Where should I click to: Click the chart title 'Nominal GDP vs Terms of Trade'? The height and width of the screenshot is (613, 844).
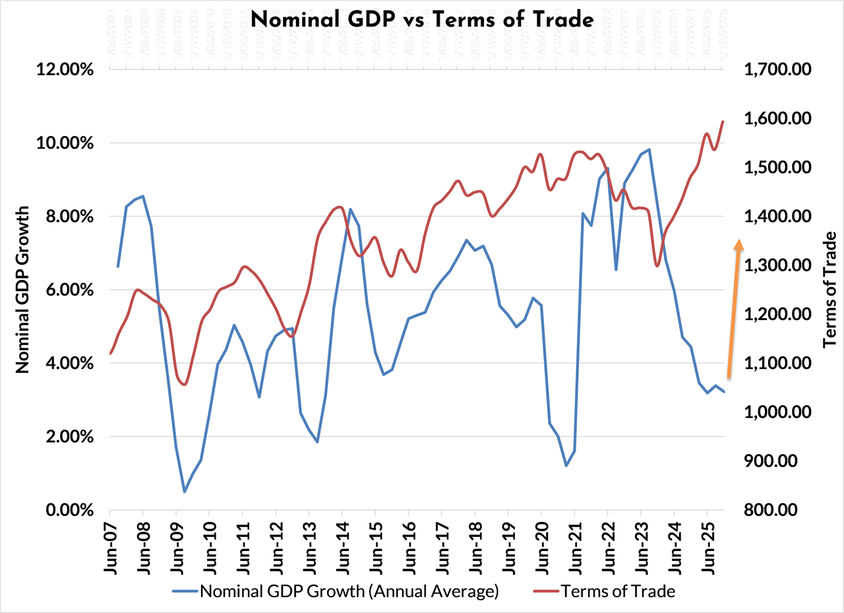tap(422, 20)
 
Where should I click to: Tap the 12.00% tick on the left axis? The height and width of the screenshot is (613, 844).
tap(64, 70)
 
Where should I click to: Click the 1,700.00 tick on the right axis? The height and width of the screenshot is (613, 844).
tap(776, 70)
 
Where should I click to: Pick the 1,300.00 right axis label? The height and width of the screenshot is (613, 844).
tap(776, 265)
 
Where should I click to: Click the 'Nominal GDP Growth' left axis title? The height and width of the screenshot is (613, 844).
tap(23, 290)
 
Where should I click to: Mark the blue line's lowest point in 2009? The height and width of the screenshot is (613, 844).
tap(185, 492)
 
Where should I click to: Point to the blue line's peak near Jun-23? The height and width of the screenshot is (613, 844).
tap(649, 150)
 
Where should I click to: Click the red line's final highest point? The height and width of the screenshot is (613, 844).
tap(723, 121)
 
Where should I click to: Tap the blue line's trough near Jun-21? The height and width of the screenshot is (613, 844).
tap(566, 466)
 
